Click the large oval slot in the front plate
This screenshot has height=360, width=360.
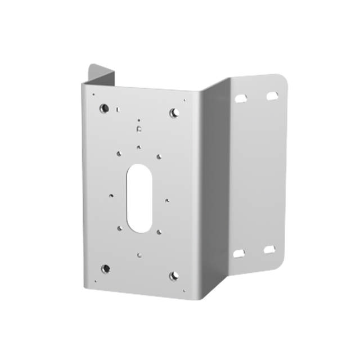click(x=138, y=198)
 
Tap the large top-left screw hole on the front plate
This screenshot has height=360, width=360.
click(x=104, y=108)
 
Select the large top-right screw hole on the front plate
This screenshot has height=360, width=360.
click(x=175, y=112)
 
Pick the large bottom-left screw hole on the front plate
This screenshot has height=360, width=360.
click(x=106, y=268)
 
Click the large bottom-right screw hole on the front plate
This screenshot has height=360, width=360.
click(x=174, y=275)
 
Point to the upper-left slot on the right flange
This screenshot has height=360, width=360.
click(x=241, y=98)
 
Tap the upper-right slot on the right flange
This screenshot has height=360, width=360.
click(x=272, y=96)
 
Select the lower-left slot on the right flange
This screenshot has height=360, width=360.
click(x=239, y=253)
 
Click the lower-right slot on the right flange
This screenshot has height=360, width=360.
click(x=271, y=249)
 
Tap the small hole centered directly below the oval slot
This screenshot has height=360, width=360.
click(x=139, y=255)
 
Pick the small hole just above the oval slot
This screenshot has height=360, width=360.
click(x=138, y=147)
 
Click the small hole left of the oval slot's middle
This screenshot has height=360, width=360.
click(x=111, y=195)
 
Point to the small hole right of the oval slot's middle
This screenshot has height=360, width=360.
click(x=166, y=199)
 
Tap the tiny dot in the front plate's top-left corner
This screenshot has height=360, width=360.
click(x=93, y=94)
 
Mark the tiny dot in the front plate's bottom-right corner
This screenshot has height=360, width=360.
click(x=183, y=291)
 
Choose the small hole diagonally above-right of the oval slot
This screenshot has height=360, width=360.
click(x=159, y=156)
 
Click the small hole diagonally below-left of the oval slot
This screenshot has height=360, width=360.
click(x=119, y=228)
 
